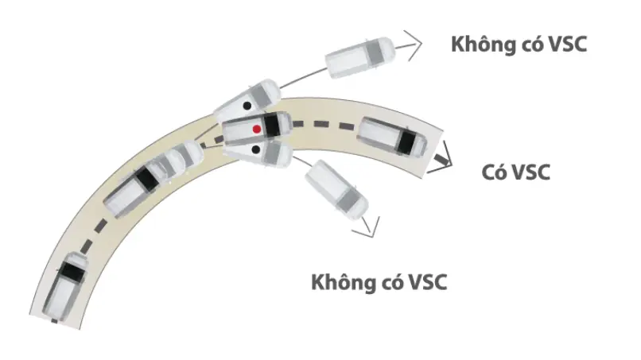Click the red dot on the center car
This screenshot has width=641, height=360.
click(x=257, y=129)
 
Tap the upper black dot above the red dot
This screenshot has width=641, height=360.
click(x=247, y=106)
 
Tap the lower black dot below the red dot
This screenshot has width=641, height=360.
click(x=256, y=150)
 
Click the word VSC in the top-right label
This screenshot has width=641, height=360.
click(x=568, y=45)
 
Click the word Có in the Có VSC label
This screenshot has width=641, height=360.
click(x=494, y=172)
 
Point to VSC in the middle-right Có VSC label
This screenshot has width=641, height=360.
click(x=530, y=172)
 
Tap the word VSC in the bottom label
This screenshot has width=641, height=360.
click(x=428, y=282)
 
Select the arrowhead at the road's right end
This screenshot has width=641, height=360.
click(x=445, y=157)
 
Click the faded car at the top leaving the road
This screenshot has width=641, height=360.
click(x=360, y=58)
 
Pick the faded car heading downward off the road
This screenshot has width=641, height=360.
click(x=337, y=190)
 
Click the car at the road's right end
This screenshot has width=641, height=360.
click(x=392, y=137)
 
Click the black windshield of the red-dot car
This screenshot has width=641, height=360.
click(x=271, y=124)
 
